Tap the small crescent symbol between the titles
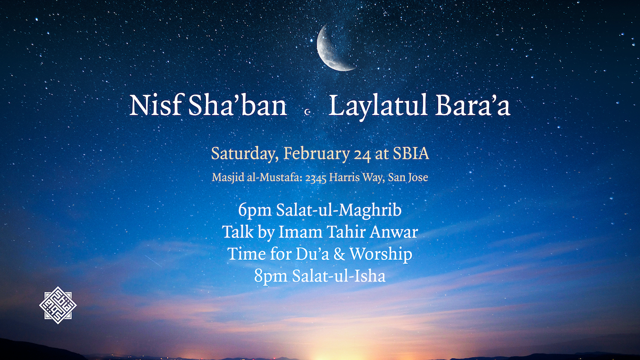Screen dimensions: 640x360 (x=308, y=112)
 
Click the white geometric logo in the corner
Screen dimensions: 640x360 (x=58, y=305)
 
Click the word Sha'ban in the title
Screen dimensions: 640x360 (x=237, y=105)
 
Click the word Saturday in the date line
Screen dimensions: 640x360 (x=245, y=154)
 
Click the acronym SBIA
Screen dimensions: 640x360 (x=411, y=154)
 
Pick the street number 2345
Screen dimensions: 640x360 (x=316, y=178)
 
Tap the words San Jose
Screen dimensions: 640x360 (x=408, y=178)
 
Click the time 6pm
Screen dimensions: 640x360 (x=255, y=211)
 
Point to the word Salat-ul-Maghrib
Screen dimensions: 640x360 (x=339, y=211)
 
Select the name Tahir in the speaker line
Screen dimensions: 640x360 (x=346, y=231)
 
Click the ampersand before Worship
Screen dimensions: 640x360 (x=339, y=254)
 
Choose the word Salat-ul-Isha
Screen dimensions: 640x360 (x=339, y=276)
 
